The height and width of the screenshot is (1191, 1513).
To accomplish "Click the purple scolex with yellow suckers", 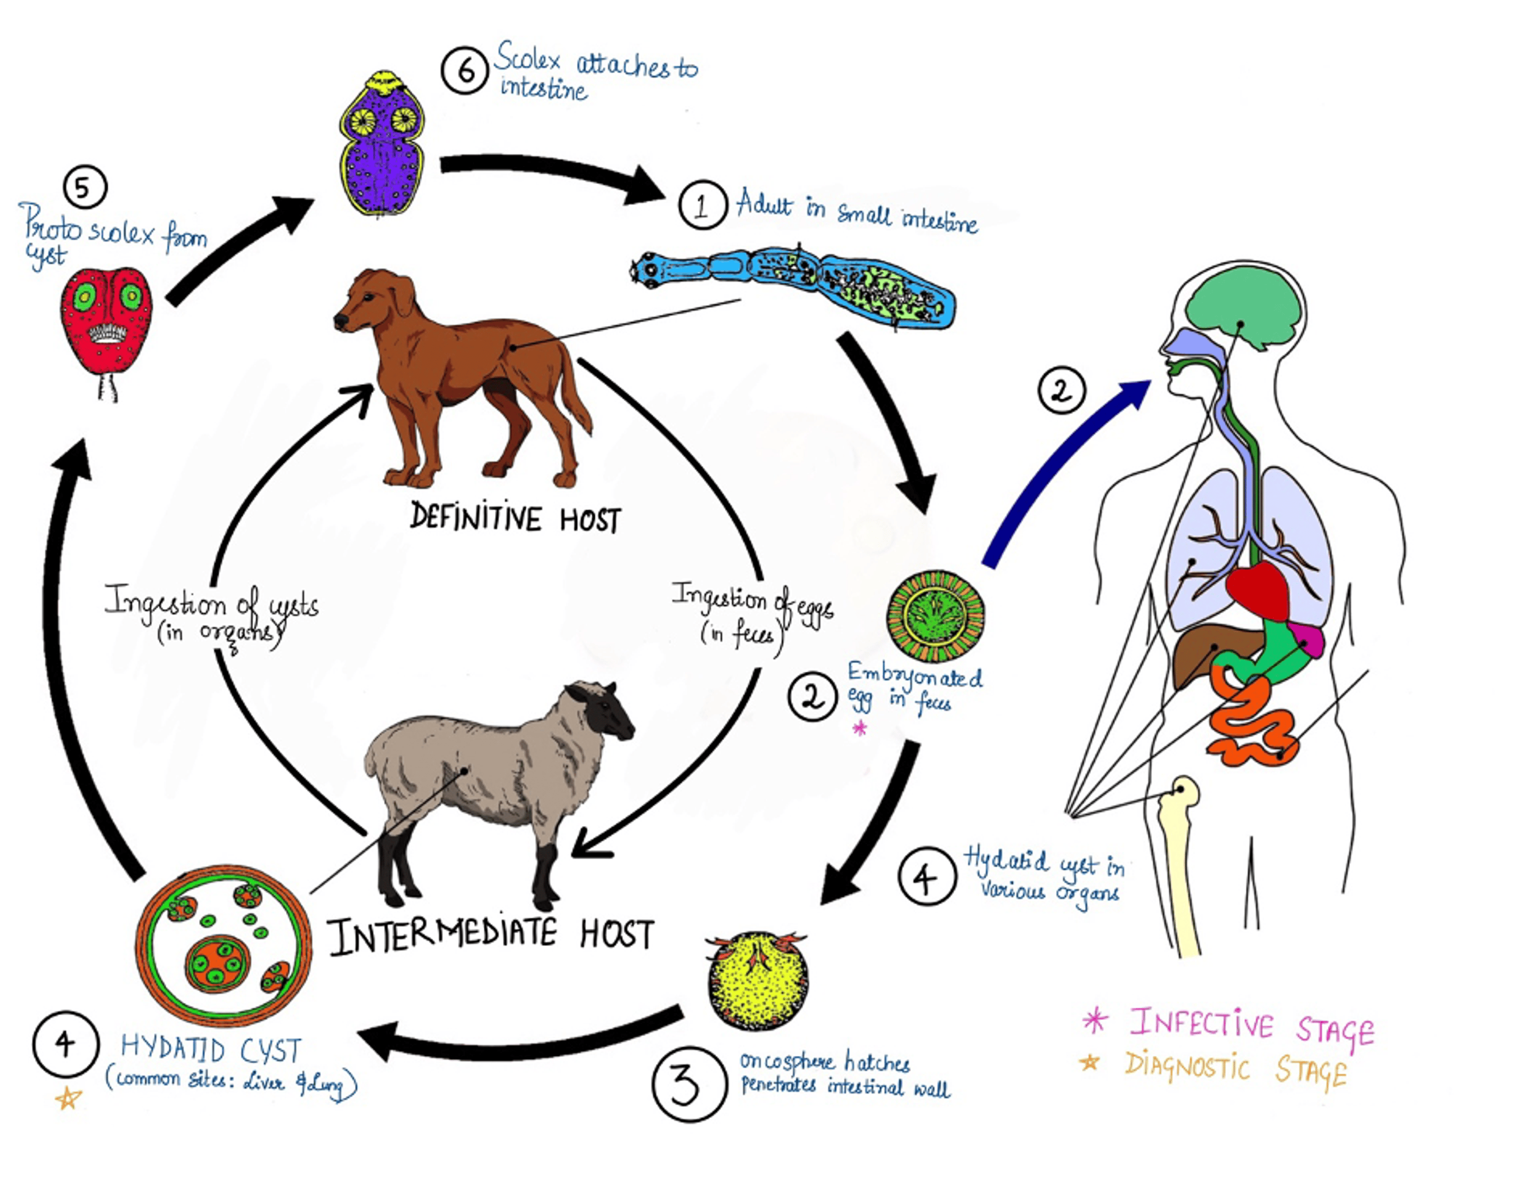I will click(382, 146).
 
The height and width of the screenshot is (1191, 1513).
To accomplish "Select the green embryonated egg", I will click(936, 616).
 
